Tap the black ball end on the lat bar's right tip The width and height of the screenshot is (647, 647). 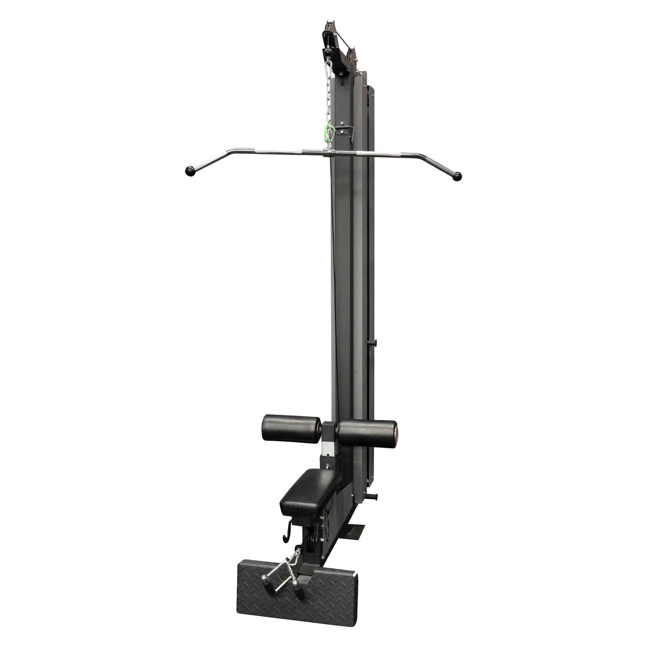click(457, 176)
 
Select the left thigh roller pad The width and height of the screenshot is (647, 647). click(291, 428)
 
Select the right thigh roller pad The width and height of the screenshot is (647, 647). click(367, 433)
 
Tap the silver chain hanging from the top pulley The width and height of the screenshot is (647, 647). click(329, 101)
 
